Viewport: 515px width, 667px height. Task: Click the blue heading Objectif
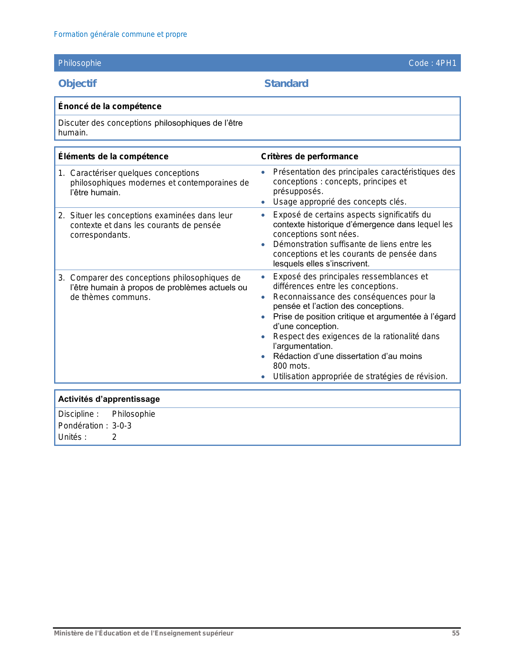77,83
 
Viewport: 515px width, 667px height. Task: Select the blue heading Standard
286,83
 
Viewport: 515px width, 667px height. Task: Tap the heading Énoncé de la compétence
109,106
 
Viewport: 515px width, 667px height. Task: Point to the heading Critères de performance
309,156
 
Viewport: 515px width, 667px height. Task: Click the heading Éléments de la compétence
113,156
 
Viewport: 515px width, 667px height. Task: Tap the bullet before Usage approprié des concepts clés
263,202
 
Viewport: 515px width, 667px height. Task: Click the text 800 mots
291,366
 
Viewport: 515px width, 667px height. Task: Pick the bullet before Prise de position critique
263,317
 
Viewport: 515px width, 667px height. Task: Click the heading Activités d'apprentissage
109,399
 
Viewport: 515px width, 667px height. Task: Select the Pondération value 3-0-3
122,426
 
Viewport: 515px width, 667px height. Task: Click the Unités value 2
114,437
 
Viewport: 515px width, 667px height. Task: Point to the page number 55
456,633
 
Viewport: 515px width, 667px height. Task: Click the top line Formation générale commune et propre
120,34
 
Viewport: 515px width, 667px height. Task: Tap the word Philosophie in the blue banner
80,63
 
